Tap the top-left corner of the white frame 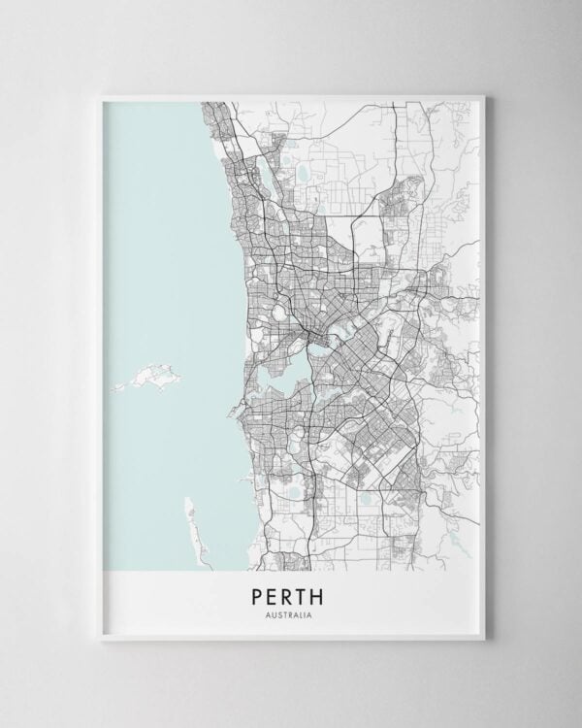[x=98, y=95]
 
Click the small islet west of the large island [x=117, y=387]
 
